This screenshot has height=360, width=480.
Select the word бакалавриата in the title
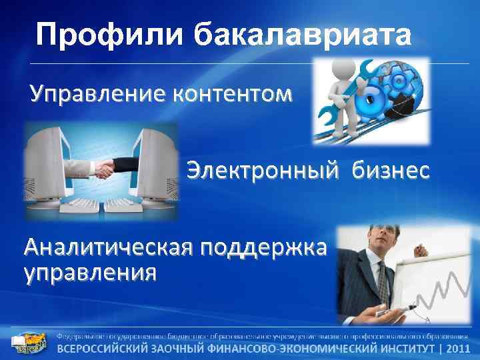(x=303, y=35)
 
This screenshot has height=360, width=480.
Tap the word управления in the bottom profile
(x=90, y=272)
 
